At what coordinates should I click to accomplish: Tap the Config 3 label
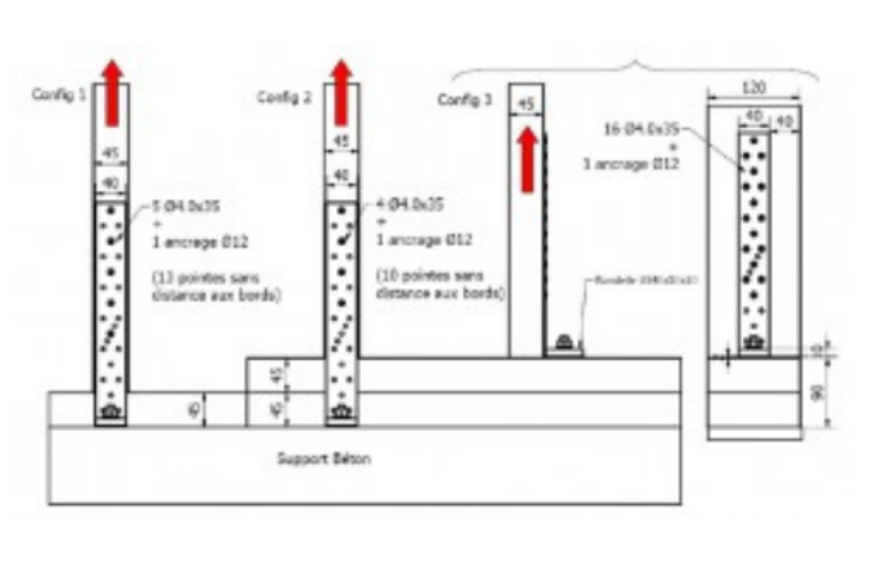464,99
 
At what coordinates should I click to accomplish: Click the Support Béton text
324,459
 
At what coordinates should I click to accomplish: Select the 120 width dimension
754,88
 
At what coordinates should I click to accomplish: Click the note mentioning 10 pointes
440,285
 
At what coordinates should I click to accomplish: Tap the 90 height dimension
818,393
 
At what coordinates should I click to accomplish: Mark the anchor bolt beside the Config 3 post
564,343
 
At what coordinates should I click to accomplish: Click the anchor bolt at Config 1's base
110,412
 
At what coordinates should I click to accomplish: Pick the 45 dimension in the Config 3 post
526,105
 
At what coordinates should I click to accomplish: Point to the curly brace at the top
636,66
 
